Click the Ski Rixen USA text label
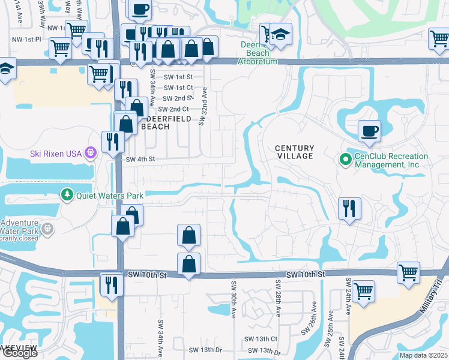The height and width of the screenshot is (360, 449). pos(55,154)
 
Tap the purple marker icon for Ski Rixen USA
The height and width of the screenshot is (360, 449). pos(91,153)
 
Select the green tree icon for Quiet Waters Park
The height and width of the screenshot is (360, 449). pos(67,195)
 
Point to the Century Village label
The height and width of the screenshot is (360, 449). pos(294,152)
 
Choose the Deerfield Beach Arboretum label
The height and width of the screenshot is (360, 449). pos(259,53)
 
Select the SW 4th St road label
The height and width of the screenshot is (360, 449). pos(140,160)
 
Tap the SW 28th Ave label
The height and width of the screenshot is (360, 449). pos(279,298)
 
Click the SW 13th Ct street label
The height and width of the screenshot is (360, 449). pos(261,339)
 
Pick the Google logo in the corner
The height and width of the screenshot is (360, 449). pos(20,353)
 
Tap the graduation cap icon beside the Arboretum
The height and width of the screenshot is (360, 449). pos(280,35)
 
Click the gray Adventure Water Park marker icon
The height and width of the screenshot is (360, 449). pos(47,228)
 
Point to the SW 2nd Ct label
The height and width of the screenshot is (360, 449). pos(173,109)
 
